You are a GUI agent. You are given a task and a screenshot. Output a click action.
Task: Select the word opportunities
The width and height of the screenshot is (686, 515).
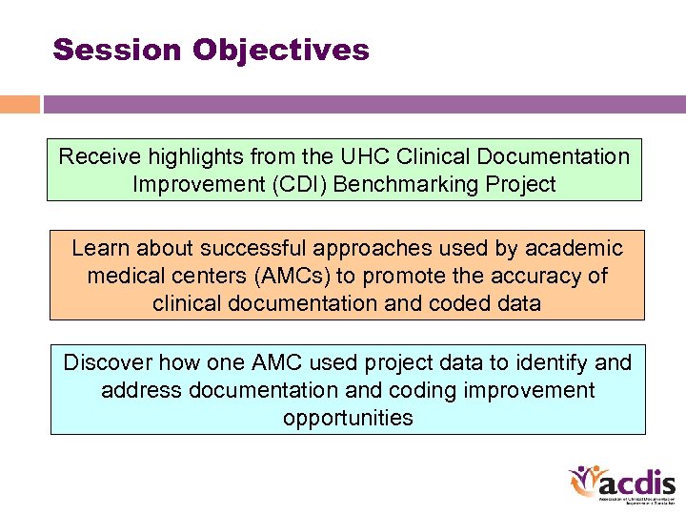point(348,418)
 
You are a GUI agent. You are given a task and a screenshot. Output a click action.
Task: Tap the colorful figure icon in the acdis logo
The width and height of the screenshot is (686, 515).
point(584,483)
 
